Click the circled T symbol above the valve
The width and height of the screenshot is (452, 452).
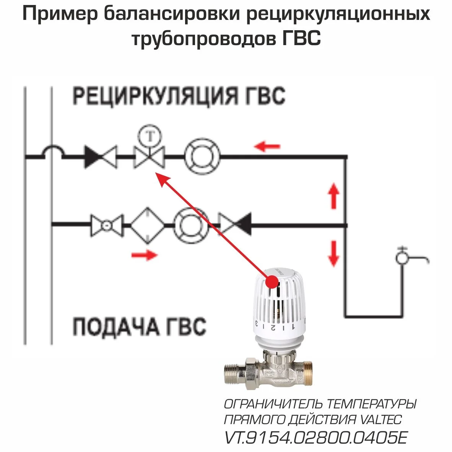pyautogui.click(x=150, y=136)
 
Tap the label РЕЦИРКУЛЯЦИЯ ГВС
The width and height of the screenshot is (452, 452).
pyautogui.click(x=179, y=96)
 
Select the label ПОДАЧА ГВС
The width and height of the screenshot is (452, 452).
pyautogui.click(x=139, y=327)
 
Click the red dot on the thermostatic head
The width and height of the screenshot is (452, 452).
pyautogui.click(x=272, y=282)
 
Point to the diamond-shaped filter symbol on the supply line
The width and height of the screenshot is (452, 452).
pyautogui.click(x=148, y=225)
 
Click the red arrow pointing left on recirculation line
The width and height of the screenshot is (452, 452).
pyautogui.click(x=268, y=146)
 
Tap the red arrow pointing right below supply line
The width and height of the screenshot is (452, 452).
pyautogui.click(x=144, y=255)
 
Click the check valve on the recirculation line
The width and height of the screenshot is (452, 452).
pyautogui.click(x=100, y=157)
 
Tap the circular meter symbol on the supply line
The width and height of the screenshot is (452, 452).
pyautogui.click(x=192, y=225)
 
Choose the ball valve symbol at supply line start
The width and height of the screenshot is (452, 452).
pyautogui.click(x=107, y=225)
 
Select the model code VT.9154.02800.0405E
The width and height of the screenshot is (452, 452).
pyautogui.click(x=315, y=437)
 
